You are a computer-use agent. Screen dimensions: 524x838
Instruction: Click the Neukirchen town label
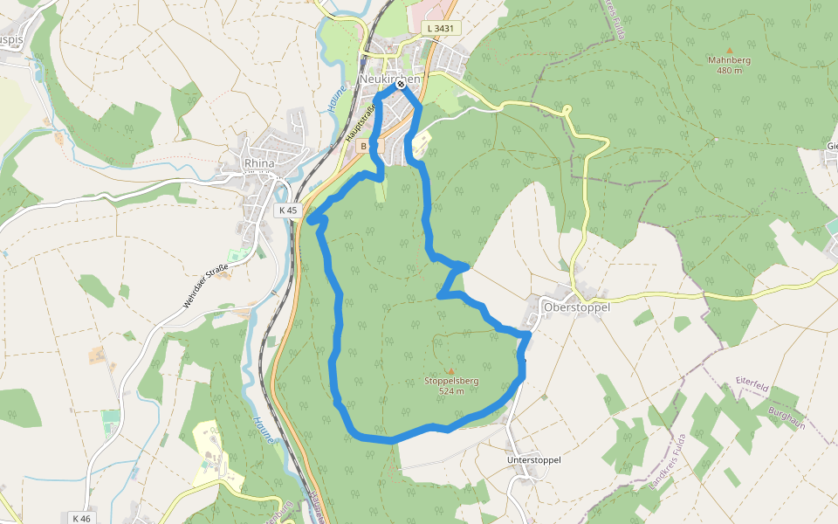pos(389,79)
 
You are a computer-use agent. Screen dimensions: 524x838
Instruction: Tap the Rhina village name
pos(259,163)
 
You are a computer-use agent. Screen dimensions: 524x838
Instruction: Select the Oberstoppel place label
pos(576,307)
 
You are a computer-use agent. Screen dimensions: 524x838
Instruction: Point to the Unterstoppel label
pos(533,459)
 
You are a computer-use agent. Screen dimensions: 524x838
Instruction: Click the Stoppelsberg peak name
pos(451,381)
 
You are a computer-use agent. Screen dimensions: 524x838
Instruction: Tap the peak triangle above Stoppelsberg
pos(451,370)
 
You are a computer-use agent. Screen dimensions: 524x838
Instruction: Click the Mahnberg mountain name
pos(729,60)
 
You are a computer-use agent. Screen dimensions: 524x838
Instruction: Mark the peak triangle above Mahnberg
pos(729,50)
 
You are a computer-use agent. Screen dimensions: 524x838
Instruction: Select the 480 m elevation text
pos(729,71)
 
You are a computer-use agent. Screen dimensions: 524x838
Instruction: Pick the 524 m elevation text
pos(451,391)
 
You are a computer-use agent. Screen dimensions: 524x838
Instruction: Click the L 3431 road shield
pos(441,29)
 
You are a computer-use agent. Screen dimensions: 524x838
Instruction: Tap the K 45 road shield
pos(289,210)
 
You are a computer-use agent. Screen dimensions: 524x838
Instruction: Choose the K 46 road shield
pos(81,518)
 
